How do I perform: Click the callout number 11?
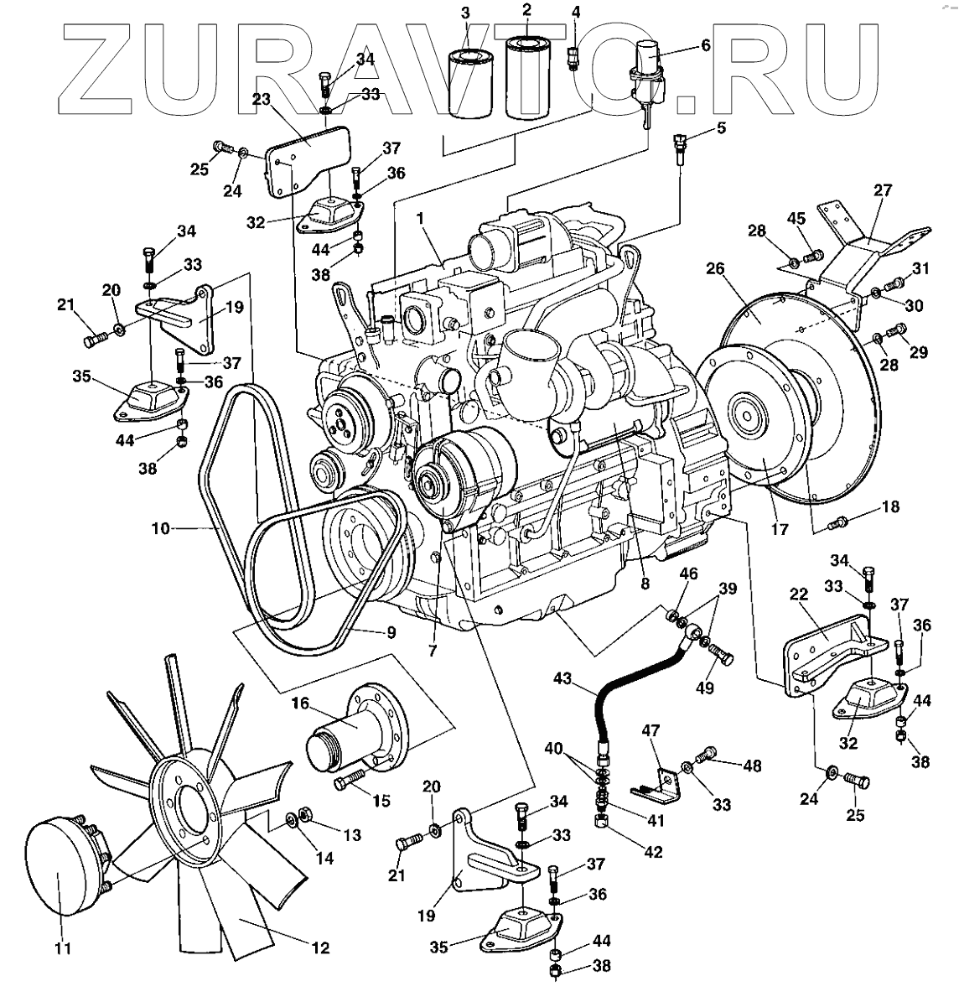coord(64,949)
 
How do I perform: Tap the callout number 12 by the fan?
coord(319,948)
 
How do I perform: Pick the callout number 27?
coord(883,189)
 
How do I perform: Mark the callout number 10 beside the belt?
coord(161,529)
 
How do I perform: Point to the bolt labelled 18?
coord(835,523)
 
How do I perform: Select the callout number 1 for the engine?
coord(421,215)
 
